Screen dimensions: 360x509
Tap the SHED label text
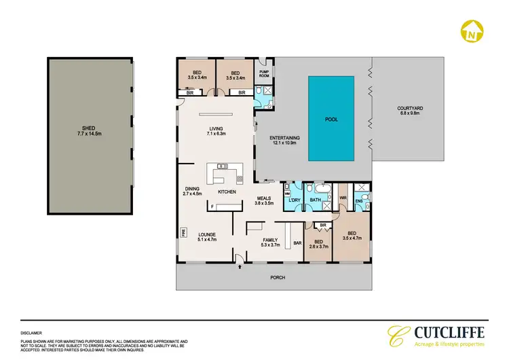tap(88, 130)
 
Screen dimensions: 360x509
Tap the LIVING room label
tap(216, 132)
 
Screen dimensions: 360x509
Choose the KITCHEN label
tap(227, 192)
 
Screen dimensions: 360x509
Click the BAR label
tap(297, 242)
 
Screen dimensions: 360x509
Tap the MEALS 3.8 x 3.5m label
tap(264, 200)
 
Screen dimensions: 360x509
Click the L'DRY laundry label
tap(294, 200)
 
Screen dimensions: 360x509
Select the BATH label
tap(315, 200)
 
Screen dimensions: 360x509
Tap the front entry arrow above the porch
tap(240, 267)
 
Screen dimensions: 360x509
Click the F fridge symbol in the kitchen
tap(212, 206)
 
